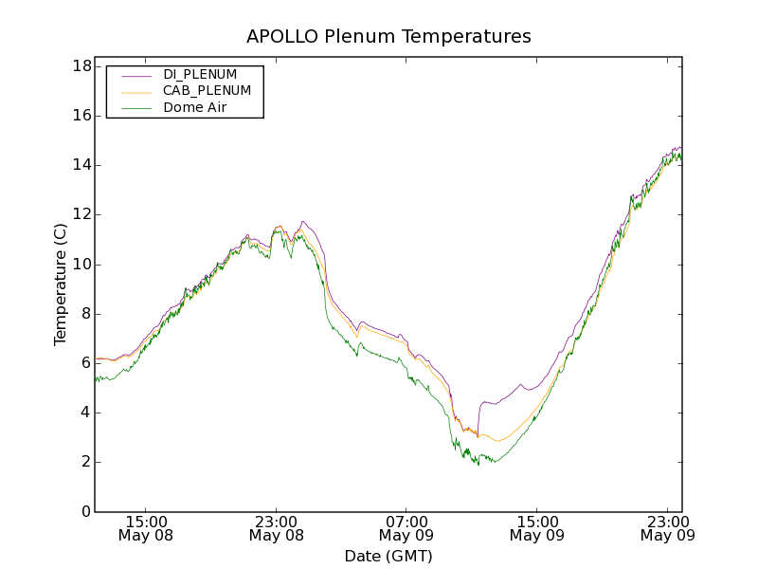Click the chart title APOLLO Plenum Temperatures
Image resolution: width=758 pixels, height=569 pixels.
tap(388, 37)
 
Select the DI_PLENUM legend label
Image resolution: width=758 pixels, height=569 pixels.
tap(200, 74)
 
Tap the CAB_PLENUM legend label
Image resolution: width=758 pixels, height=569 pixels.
tap(207, 91)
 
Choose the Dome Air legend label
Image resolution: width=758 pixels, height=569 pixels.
tap(194, 108)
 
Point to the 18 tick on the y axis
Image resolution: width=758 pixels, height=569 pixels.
tap(81, 66)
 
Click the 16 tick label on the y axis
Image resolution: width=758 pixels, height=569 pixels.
tap(81, 116)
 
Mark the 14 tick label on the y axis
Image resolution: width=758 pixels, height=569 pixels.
tap(81, 165)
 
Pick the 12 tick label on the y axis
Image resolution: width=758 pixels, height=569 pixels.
tap(81, 214)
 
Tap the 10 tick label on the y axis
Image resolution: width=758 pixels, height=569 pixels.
tap(81, 265)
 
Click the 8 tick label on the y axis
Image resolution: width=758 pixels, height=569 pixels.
tap(85, 314)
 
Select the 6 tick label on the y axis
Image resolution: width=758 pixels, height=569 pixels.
tap(85, 363)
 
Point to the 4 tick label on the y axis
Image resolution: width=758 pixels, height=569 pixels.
tap(85, 413)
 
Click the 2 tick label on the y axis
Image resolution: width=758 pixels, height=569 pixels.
tap(85, 462)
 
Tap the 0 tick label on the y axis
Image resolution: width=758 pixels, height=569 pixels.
tap(85, 512)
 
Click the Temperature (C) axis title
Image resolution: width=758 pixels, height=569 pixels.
tap(61, 284)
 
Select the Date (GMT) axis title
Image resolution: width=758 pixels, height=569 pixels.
tap(388, 556)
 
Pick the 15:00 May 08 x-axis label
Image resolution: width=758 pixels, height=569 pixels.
tap(146, 528)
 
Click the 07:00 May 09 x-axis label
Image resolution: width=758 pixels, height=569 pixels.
tap(406, 528)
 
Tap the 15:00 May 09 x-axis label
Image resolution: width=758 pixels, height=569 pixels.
tap(536, 528)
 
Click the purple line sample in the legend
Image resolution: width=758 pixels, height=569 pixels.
tap(134, 74)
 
